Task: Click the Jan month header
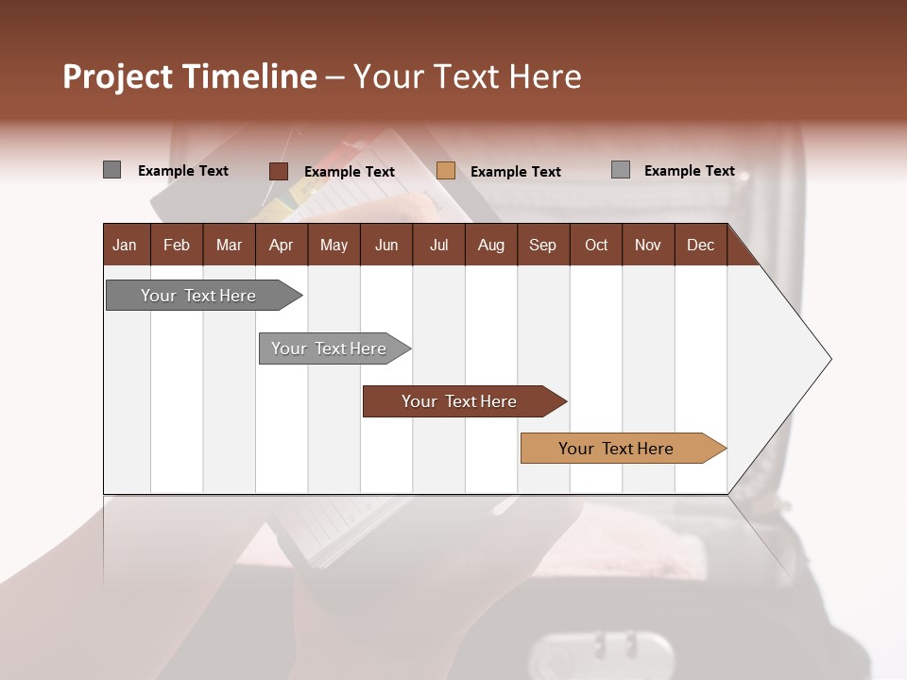point(125,245)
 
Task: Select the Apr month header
point(281,245)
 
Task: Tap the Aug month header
point(490,245)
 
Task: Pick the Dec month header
point(700,245)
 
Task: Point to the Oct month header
point(595,245)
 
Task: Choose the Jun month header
point(385,245)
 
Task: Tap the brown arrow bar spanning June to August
point(460,401)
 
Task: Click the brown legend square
point(278,171)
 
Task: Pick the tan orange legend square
point(446,171)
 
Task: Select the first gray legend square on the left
point(111,170)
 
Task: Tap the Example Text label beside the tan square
point(516,172)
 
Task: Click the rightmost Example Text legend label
point(690,171)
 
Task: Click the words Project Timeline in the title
point(190,76)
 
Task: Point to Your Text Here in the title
point(468,76)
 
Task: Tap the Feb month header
point(177,245)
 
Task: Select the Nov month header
point(647,245)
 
